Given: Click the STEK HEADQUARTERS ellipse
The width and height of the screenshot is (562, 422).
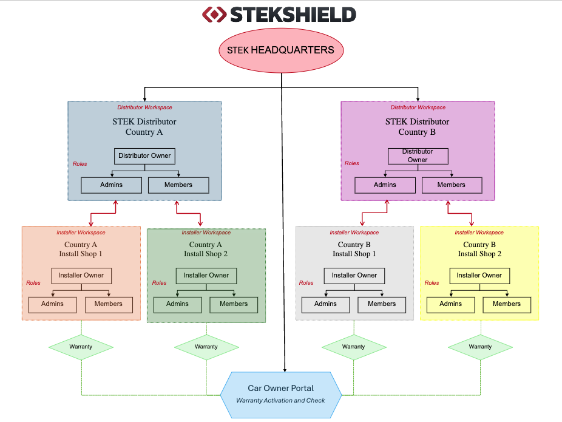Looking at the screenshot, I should pyautogui.click(x=280, y=50).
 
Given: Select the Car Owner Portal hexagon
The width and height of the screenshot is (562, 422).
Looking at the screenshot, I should pyautogui.click(x=280, y=394).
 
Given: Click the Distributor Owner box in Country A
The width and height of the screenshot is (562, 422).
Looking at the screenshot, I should pyautogui.click(x=144, y=156).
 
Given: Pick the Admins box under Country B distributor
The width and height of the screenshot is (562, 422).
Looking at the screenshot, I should pyautogui.click(x=385, y=185).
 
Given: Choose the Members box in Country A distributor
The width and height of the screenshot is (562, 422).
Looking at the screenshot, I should pyautogui.click(x=178, y=185).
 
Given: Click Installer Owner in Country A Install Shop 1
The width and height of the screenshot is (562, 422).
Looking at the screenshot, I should pyautogui.click(x=81, y=276).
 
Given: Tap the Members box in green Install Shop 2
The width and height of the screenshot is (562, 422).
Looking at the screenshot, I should pyautogui.click(x=234, y=304).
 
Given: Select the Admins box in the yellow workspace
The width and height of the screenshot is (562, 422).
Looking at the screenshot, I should pyautogui.click(x=450, y=304).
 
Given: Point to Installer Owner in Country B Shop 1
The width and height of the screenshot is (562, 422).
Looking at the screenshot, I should pyautogui.click(x=354, y=276).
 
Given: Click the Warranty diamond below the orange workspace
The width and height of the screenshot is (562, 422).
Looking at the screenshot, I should pyautogui.click(x=81, y=347).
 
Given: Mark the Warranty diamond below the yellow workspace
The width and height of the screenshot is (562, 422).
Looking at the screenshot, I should pyautogui.click(x=480, y=347).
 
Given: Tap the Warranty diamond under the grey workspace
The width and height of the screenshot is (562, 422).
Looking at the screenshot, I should pyautogui.click(x=353, y=347).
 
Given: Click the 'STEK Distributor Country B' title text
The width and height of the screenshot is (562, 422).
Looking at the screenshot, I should pyautogui.click(x=418, y=127).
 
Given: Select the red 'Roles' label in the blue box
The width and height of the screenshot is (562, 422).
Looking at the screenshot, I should pyautogui.click(x=80, y=164).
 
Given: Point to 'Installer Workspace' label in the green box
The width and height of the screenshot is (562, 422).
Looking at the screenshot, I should pyautogui.click(x=206, y=233).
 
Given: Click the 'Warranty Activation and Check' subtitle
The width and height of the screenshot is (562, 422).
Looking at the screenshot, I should pyautogui.click(x=280, y=401).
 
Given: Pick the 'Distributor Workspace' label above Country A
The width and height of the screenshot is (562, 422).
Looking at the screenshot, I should pyautogui.click(x=144, y=107).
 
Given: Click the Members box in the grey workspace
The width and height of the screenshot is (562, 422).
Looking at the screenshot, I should pyautogui.click(x=382, y=304).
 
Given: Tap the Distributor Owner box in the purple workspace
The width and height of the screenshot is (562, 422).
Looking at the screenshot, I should pyautogui.click(x=418, y=156).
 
